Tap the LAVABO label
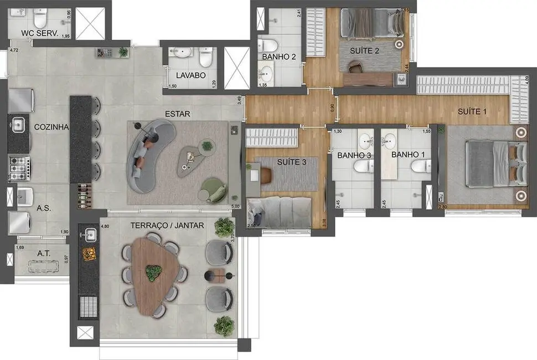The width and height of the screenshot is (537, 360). click(x=190, y=75)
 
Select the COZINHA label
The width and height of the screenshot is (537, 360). click(x=51, y=127)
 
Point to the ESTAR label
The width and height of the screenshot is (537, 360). click(x=177, y=114)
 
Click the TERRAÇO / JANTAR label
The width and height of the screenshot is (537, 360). click(x=167, y=225)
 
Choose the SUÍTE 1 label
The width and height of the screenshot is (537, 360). click(x=472, y=111)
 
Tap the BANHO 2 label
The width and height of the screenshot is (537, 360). click(x=278, y=56)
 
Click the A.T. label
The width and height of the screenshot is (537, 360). click(x=44, y=253)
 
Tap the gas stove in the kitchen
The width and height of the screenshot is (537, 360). click(x=19, y=164)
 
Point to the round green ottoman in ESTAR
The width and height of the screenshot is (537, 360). click(x=213, y=188)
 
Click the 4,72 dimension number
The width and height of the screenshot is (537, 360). click(x=14, y=50)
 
